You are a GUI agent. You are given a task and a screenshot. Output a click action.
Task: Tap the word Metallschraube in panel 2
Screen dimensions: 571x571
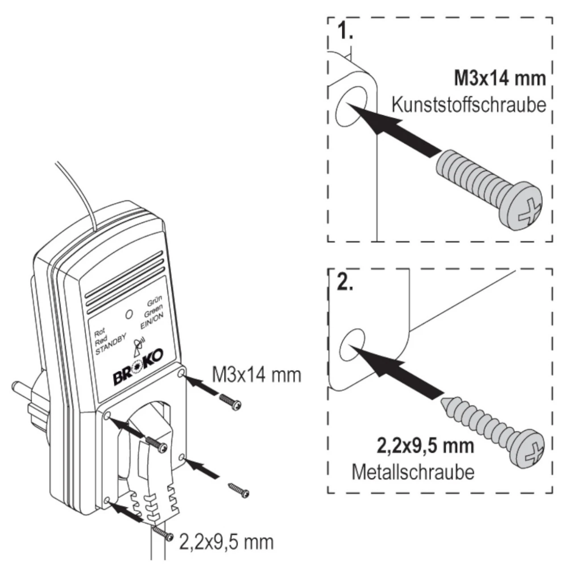coord(413,472)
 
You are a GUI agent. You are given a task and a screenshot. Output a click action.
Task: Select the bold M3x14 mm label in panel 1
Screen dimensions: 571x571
coord(500,79)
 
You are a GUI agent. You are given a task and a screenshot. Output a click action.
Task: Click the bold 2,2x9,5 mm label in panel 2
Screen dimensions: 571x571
coord(425,446)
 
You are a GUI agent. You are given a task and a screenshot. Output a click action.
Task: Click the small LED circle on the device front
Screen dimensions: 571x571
coord(129,314)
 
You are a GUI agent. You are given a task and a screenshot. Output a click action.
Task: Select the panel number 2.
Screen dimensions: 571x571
coord(345,283)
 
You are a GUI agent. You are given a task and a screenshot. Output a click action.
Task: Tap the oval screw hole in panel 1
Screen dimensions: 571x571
coord(351,105)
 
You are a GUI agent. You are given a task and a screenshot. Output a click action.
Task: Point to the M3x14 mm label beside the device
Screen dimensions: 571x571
coord(256,376)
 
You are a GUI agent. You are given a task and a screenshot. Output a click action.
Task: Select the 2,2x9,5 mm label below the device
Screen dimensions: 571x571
coord(225,542)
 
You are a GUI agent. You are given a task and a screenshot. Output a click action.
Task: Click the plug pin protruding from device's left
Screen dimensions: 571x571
coord(20,385)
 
